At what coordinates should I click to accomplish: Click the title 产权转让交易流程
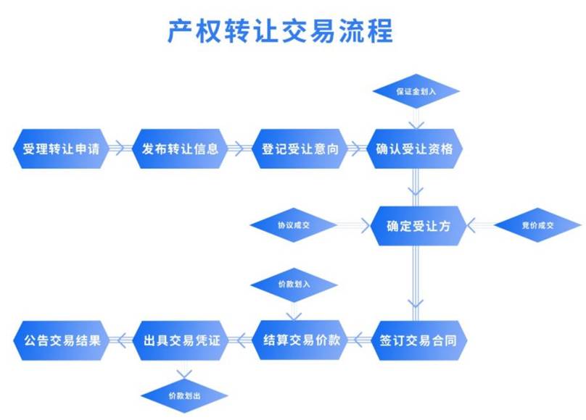pos(280,32)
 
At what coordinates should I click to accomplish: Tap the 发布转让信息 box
pos(180,149)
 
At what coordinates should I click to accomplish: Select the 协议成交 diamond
pos(293,226)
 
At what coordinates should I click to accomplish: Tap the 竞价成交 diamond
pos(537,226)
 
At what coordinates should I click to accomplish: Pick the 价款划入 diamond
pos(293,284)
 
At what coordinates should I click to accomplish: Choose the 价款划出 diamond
pos(183,396)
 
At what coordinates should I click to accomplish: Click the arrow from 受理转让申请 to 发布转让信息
pos(120,149)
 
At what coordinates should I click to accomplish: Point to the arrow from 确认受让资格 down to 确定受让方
pos(415,186)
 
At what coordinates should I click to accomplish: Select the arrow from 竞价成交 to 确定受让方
pos(482,226)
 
